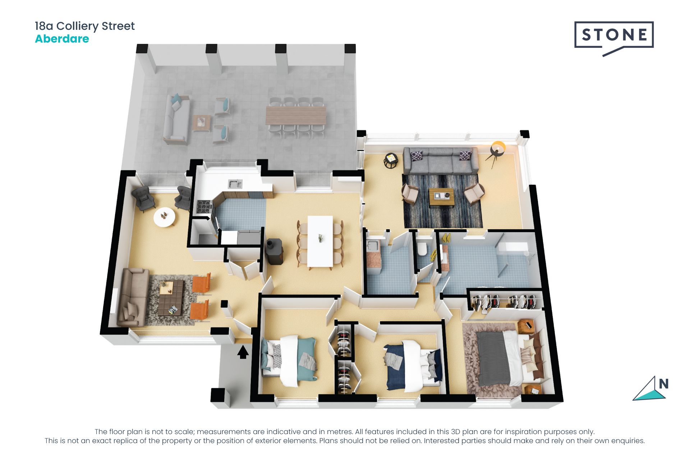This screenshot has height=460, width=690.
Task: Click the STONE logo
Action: pyautogui.click(x=614, y=35)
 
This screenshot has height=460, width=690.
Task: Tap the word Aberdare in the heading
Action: pyautogui.click(x=62, y=39)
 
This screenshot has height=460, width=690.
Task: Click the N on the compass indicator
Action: pyautogui.click(x=663, y=384)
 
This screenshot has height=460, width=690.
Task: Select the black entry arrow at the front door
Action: pyautogui.click(x=243, y=352)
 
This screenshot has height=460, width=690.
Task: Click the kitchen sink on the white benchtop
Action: pyautogui.click(x=235, y=184)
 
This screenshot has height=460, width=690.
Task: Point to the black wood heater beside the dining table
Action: pyautogui.click(x=274, y=251)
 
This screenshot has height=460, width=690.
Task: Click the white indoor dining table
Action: pyautogui.click(x=320, y=241)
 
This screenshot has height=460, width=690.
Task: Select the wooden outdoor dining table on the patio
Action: pyautogui.click(x=295, y=115)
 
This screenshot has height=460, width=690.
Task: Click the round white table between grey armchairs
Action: pyautogui.click(x=165, y=217)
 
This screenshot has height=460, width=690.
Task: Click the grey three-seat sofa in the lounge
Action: pyautogui.click(x=441, y=161)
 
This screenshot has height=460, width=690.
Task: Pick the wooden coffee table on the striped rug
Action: pyautogui.click(x=441, y=197)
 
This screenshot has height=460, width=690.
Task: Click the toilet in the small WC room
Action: pyautogui.click(x=423, y=249)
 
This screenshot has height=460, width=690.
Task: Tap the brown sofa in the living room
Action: pyautogui.click(x=133, y=297)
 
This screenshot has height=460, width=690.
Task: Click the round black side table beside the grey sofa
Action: pyautogui.click(x=391, y=160)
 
